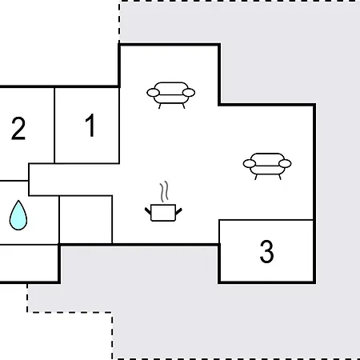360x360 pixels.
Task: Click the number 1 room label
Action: coord(90,125)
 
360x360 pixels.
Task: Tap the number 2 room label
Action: coord(18,129)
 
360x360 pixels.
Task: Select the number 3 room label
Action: coord(266,251)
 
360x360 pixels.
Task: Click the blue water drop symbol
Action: coord(18,215)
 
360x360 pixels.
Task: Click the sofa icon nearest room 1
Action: coord(171,95)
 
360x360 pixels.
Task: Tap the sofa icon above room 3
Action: coord(267,166)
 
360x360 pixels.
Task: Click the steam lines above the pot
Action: coord(164,191)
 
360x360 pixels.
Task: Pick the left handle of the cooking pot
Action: coord(148,211)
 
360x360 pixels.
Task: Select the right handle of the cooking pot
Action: coord(178,211)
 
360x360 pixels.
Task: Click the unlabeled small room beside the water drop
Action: coord(86,219)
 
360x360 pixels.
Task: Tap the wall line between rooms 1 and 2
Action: coord(54,125)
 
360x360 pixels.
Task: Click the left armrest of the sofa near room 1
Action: coord(154,93)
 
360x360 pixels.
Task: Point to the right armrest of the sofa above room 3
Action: coord(285,163)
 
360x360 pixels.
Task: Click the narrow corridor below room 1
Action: coord(70,179)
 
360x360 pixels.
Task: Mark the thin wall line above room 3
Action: coord(266,220)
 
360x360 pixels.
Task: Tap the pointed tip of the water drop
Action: coord(18,201)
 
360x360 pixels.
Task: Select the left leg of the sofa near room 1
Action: coord(160,106)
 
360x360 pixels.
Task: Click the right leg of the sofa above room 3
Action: coord(280,177)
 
